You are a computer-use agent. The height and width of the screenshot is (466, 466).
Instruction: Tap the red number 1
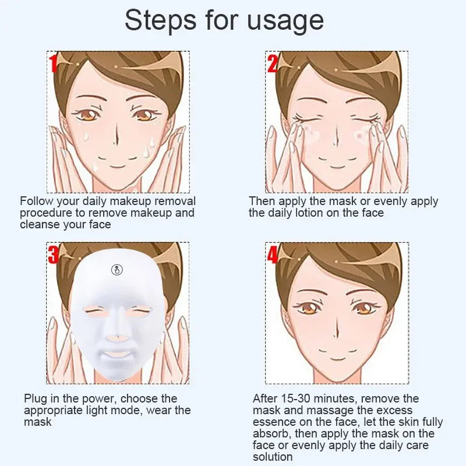pos(53,63)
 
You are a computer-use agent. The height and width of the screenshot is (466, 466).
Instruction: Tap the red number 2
pos(272,62)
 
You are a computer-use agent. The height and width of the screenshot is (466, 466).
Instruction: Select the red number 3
pos(54,255)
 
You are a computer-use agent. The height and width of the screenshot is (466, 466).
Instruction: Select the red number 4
pos(273,255)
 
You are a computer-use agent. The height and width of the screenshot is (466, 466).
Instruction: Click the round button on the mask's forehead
pos(117,270)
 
